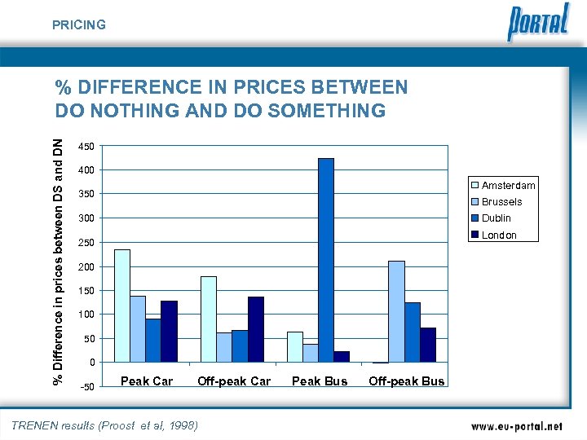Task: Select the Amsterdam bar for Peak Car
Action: (122, 306)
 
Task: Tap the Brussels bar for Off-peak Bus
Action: (397, 311)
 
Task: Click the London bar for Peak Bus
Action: (342, 356)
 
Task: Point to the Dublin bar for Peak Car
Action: (153, 341)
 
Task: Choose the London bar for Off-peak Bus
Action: (428, 345)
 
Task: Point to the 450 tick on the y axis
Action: (86, 147)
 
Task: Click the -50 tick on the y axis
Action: (86, 386)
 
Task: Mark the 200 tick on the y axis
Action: (86, 267)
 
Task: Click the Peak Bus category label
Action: (320, 381)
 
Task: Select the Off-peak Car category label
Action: (234, 381)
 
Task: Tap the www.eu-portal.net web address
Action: (517, 426)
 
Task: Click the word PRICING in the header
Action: (79, 25)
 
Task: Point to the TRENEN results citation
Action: (104, 425)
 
